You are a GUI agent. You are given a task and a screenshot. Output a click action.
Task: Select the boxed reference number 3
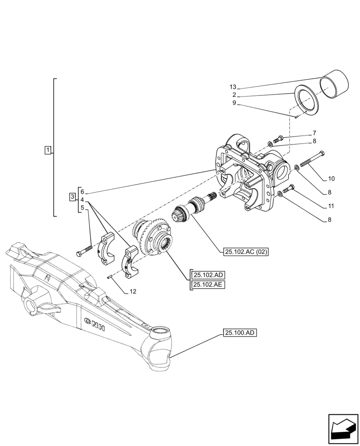coord(72,197)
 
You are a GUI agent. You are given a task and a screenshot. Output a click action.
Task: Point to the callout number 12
coord(133,292)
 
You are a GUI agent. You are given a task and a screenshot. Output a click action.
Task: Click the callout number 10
coord(331,179)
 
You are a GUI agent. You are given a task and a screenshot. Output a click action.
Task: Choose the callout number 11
coord(331,206)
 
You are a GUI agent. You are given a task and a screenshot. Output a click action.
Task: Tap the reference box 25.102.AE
coord(208,285)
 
